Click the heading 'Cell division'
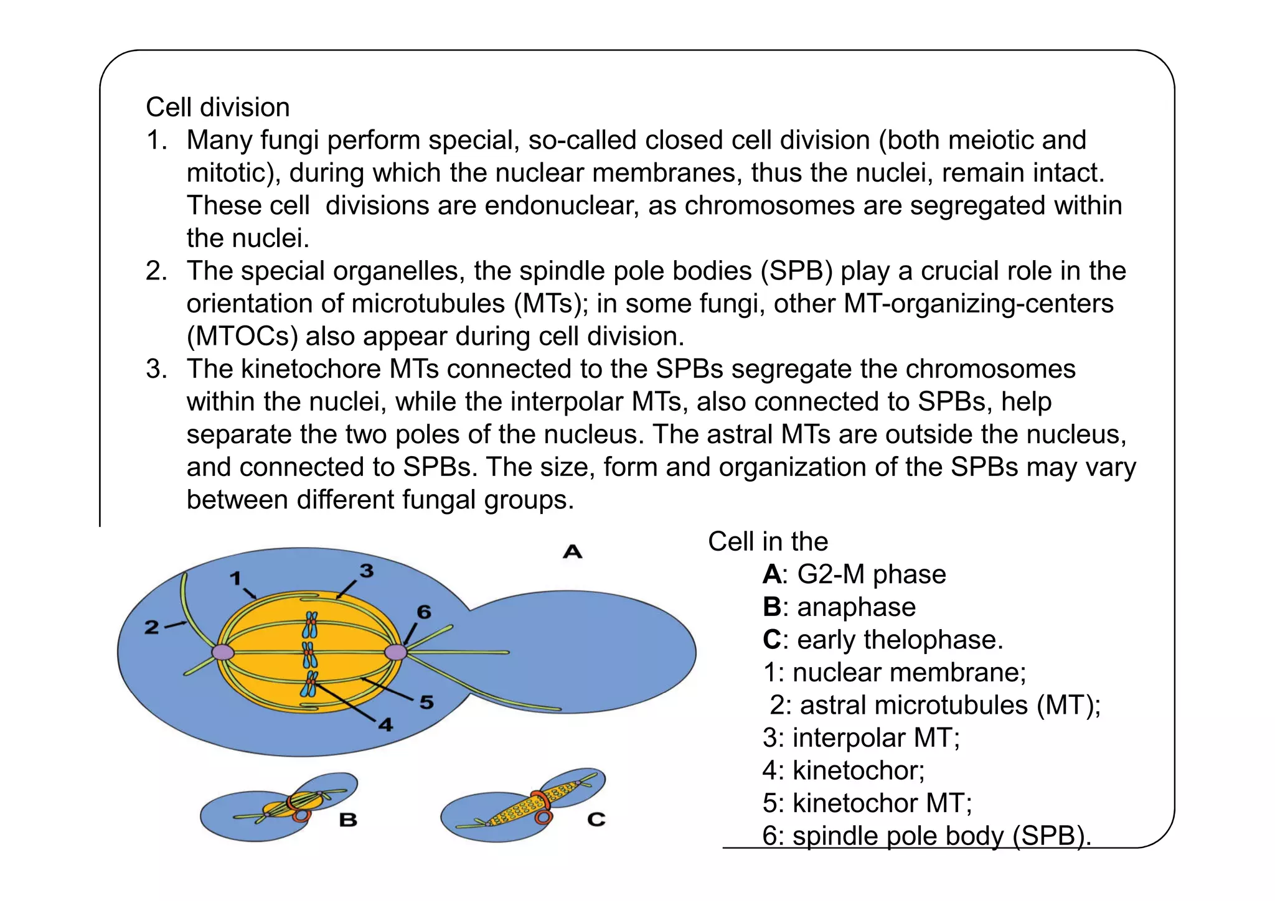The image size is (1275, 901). (x=218, y=108)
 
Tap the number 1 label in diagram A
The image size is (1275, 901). (x=235, y=579)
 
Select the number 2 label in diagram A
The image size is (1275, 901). (x=152, y=627)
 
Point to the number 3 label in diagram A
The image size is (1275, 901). (x=367, y=571)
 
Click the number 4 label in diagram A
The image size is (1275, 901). (x=386, y=724)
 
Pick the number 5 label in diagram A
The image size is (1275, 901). (x=426, y=703)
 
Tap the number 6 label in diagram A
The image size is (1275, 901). (x=424, y=612)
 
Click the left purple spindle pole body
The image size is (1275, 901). (x=223, y=652)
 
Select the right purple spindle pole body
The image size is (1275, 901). (x=395, y=652)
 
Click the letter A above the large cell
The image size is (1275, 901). (x=572, y=551)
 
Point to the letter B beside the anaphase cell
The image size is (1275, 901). (x=348, y=819)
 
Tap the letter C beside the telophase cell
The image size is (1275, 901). (x=596, y=819)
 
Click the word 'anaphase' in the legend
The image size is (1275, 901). (x=857, y=607)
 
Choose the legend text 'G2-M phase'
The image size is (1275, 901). (x=872, y=574)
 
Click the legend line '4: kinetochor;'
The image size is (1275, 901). (x=844, y=771)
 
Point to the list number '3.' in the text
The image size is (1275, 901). (x=157, y=369)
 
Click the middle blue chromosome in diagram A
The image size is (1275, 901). (x=309, y=654)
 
